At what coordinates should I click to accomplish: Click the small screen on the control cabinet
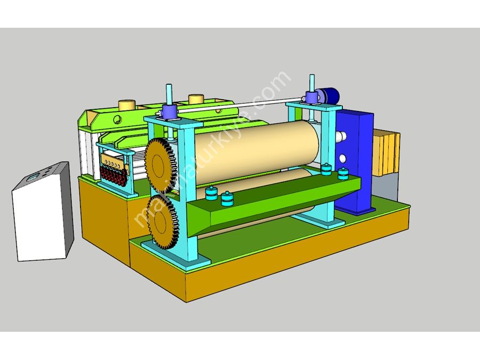coord(33,177)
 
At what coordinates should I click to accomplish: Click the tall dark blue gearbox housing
coord(355,162)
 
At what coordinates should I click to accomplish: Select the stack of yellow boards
coord(386,153)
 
